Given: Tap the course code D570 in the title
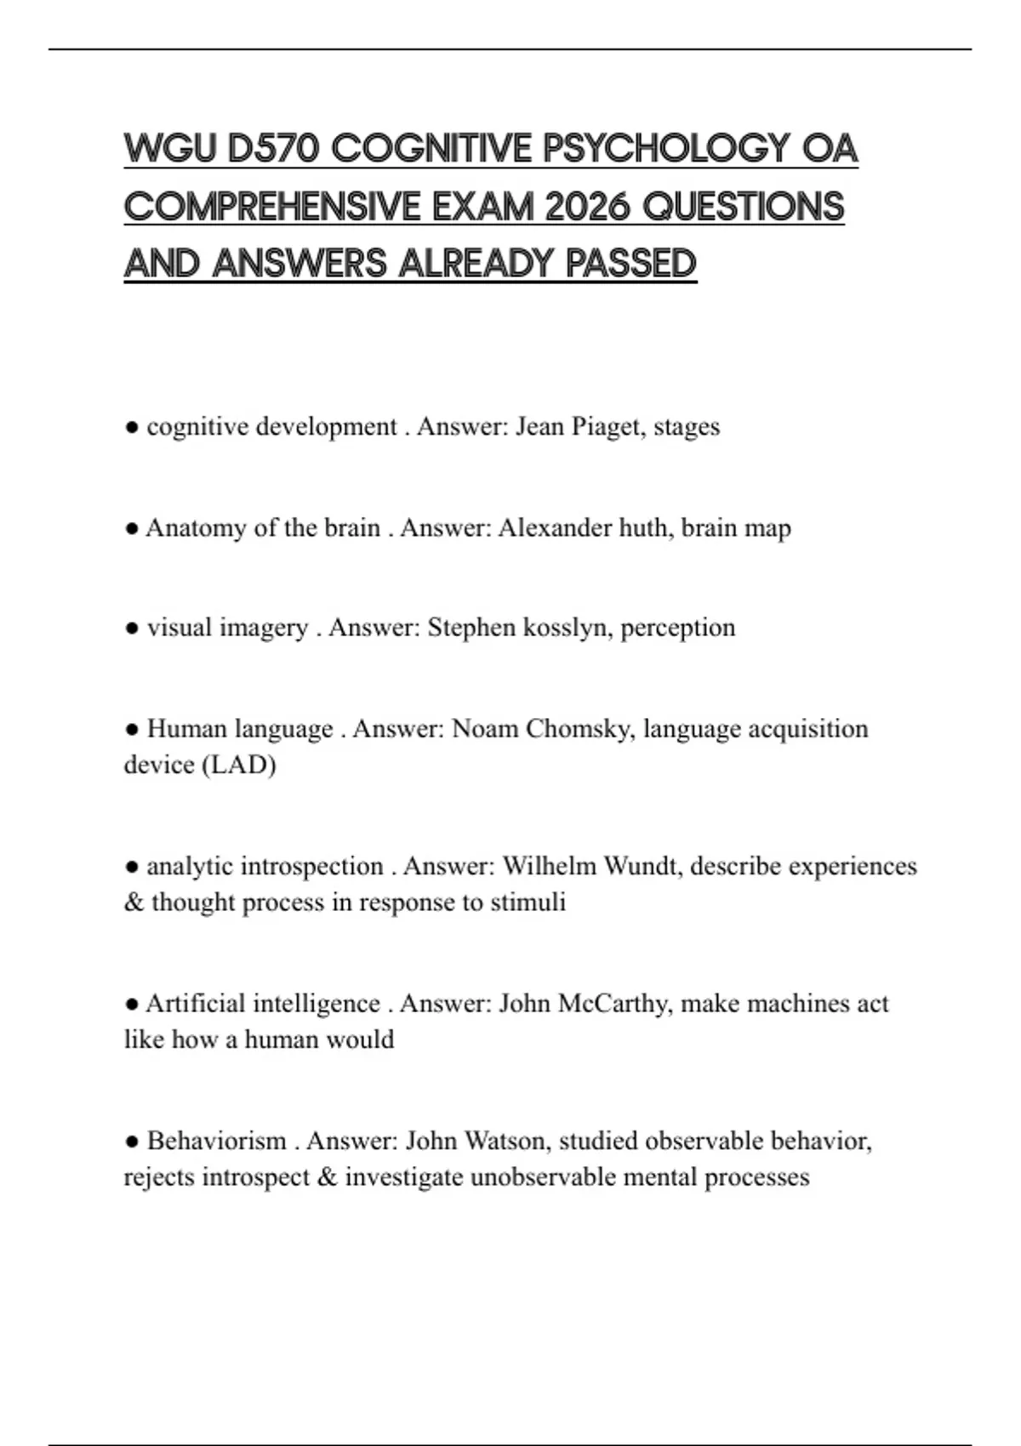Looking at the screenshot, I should point(273,150).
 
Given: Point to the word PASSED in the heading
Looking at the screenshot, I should point(630,264).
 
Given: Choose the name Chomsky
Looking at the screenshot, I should point(583,729).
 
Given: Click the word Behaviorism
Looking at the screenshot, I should point(216,1141).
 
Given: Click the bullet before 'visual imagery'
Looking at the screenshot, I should point(132,629).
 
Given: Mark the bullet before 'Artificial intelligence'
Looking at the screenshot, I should point(132,1005).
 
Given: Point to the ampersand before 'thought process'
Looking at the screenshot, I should point(134,902).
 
